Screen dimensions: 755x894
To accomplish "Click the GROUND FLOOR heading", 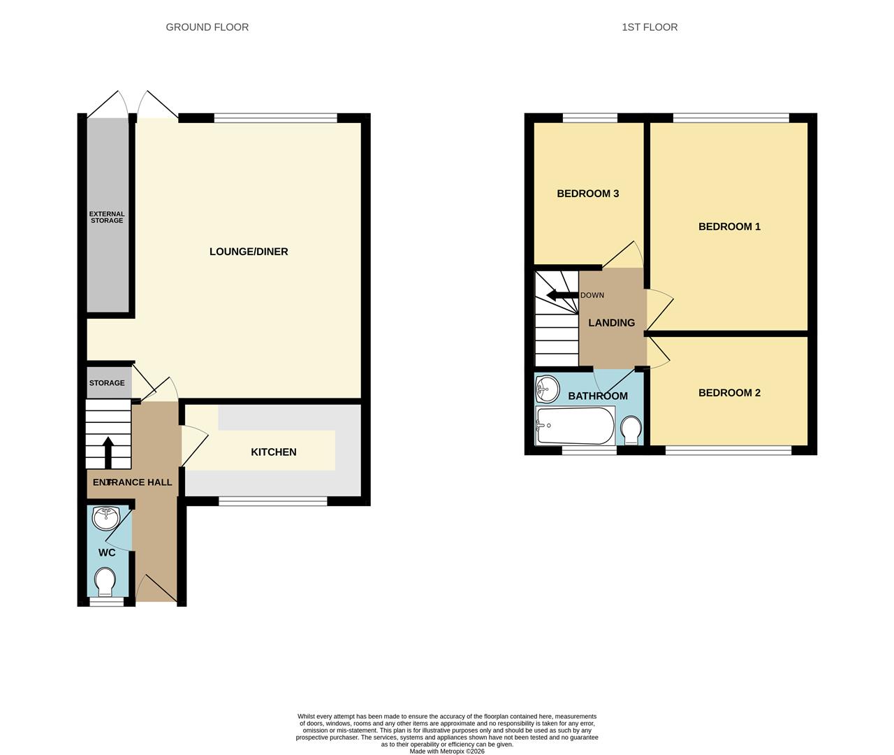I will [x=207, y=27].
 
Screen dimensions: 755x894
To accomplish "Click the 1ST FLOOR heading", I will [x=650, y=27].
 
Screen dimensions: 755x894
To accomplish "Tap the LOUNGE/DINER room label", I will [x=249, y=252].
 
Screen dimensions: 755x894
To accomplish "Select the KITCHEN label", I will [x=274, y=452].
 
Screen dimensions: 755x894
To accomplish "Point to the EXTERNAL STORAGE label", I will [x=107, y=217].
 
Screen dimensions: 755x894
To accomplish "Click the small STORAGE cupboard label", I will [x=107, y=383].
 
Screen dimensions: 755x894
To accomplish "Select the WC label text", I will [x=107, y=553].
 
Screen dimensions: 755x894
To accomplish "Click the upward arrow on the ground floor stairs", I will [x=108, y=452].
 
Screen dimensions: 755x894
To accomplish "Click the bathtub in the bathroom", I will [x=575, y=426].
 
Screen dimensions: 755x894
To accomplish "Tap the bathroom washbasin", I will [x=548, y=389].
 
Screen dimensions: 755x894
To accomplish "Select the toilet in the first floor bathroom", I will [x=631, y=429].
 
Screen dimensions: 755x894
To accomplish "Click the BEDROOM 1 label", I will [x=729, y=226].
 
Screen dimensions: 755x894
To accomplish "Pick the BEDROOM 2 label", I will [x=729, y=393].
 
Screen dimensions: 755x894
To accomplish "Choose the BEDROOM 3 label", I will [x=588, y=194].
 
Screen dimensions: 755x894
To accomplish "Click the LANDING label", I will [x=612, y=323].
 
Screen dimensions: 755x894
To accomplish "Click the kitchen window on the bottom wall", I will [x=273, y=501].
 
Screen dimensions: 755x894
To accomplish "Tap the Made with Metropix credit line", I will [x=447, y=752].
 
